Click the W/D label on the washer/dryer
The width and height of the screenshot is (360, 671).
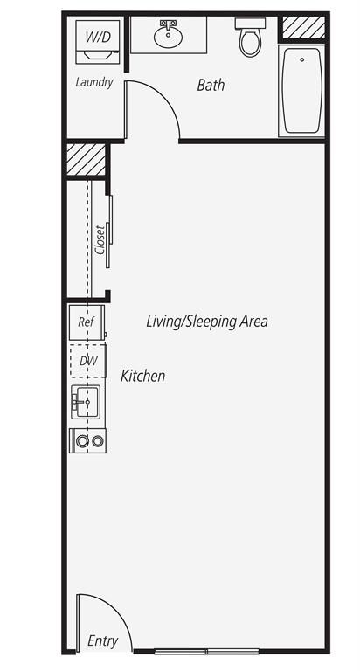tap(98, 37)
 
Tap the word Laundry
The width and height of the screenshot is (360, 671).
tap(94, 82)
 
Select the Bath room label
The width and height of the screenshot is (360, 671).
tap(211, 85)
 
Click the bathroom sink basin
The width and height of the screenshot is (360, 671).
tap(169, 38)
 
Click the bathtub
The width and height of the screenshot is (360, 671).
tap(301, 91)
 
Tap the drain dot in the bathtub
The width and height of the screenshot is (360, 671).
tap(302, 59)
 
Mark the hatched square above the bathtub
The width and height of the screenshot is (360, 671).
tap(303, 27)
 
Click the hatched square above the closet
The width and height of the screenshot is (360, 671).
tap(86, 159)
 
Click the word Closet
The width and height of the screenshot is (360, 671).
tap(100, 239)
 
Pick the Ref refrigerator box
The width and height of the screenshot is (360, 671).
tap(87, 322)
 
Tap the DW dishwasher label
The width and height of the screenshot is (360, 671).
tap(88, 361)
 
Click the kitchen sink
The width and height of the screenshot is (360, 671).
tap(86, 402)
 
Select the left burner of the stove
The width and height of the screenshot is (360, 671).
tap(82, 441)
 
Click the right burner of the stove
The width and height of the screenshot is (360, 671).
tap(98, 441)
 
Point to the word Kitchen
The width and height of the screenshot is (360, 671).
tap(142, 376)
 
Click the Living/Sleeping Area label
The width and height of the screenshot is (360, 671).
tap(207, 322)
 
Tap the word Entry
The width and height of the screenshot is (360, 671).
tap(103, 641)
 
